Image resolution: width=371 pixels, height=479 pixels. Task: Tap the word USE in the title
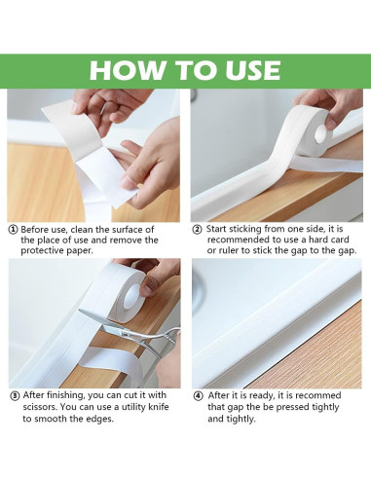(x=245, y=70)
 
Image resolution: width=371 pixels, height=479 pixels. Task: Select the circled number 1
(x=13, y=230)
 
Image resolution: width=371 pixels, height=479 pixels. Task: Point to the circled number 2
(x=197, y=230)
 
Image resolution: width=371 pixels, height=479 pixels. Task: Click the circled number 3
(x=13, y=396)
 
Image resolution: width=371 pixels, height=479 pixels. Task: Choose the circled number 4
(x=197, y=396)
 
